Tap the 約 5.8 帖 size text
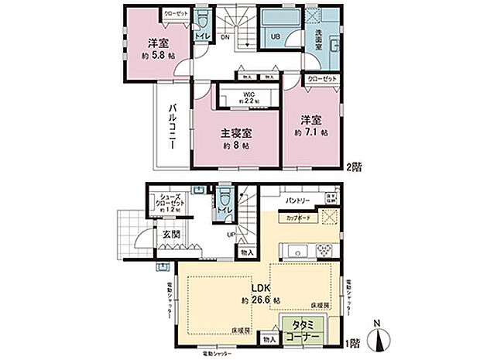click(156, 56)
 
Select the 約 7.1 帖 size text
click(313, 132)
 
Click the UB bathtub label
click(275, 36)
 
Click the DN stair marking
click(225, 37)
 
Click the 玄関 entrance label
click(171, 233)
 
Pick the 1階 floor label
click(353, 341)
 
